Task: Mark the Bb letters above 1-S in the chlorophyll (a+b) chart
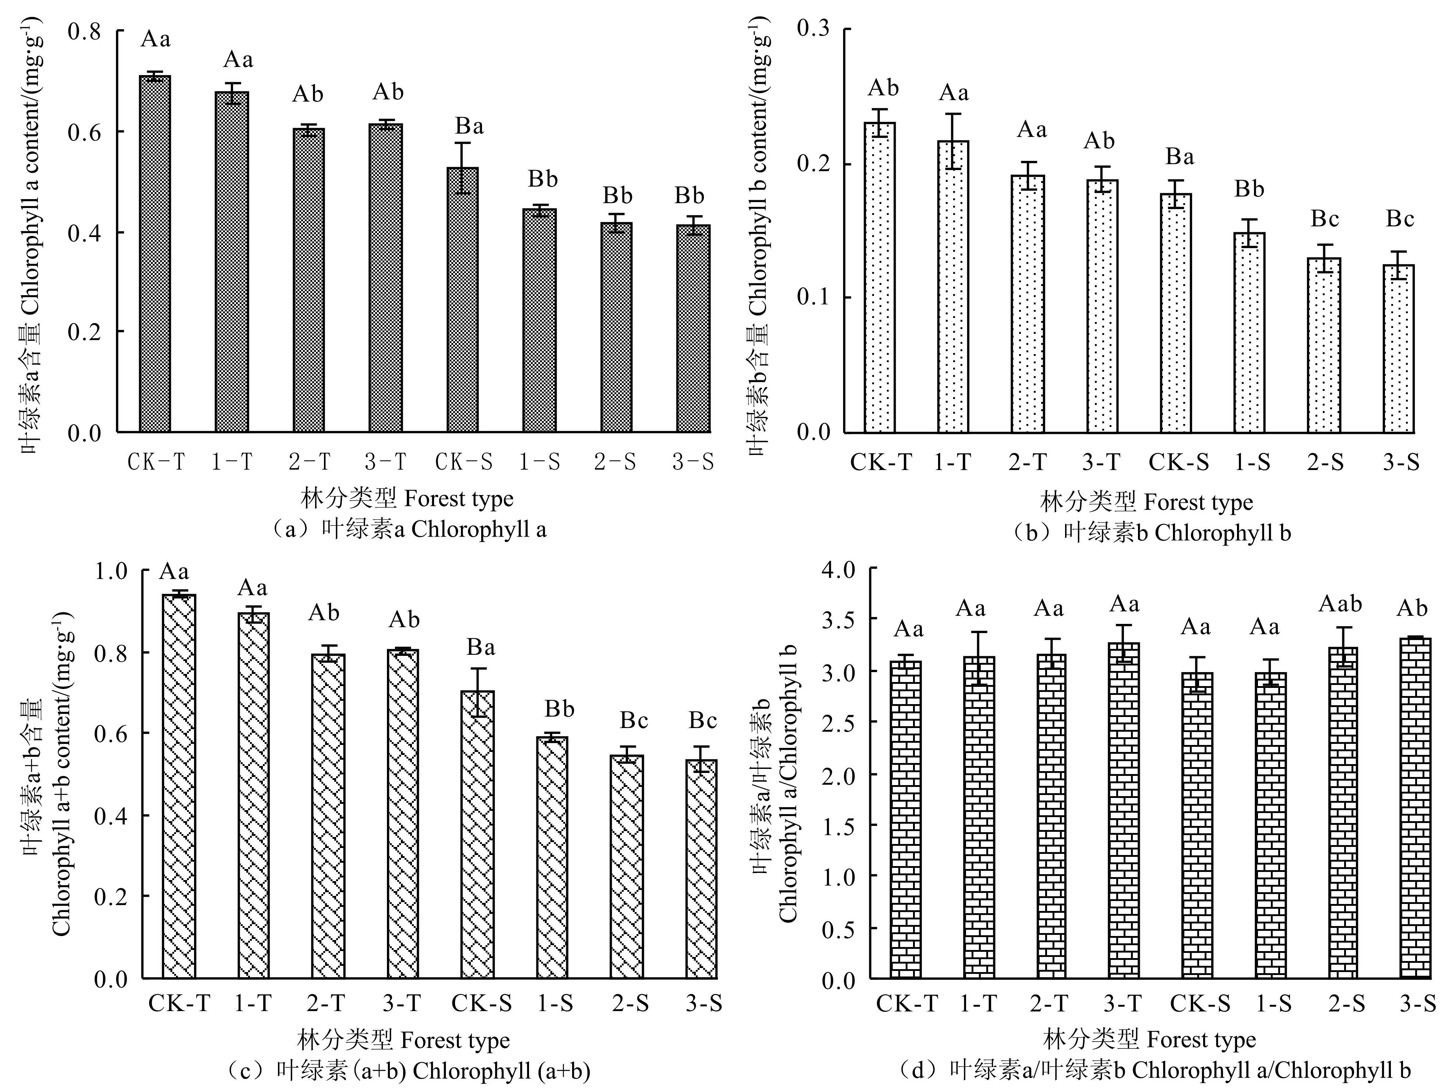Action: (x=559, y=709)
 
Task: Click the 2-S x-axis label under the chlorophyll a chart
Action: (x=615, y=463)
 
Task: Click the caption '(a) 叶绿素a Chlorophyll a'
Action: (x=408, y=530)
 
